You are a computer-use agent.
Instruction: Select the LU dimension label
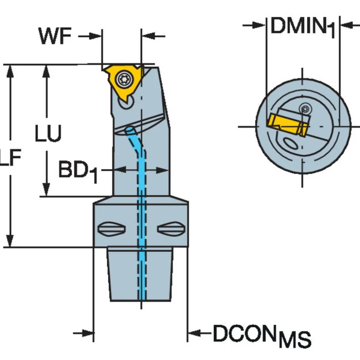click(48, 133)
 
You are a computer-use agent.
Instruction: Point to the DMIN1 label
click(303, 27)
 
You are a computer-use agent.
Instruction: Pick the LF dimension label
click(10, 157)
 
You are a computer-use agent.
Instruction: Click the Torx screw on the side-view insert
click(124, 79)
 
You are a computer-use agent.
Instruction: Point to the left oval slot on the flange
click(111, 228)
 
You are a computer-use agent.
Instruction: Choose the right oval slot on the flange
click(171, 228)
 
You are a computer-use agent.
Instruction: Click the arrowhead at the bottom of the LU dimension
click(46, 189)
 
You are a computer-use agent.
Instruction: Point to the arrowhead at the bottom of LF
click(10, 240)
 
